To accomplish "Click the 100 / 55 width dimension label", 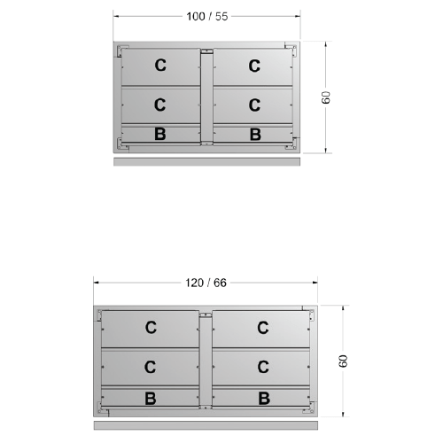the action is click(x=207, y=17).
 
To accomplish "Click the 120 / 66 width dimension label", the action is click(x=206, y=283).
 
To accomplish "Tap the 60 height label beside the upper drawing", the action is click(x=325, y=97).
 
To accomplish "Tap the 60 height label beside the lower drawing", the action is click(x=343, y=361).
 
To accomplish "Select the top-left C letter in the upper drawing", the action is click(x=160, y=66).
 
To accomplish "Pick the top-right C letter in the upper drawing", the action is click(x=254, y=66).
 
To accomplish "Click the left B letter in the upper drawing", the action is click(x=160, y=134).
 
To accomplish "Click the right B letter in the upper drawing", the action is click(x=255, y=135).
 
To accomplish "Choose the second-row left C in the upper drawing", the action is click(x=159, y=105).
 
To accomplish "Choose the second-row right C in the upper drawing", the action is click(x=254, y=105).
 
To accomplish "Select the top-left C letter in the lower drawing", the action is click(x=151, y=328).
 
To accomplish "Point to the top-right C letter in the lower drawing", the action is click(x=263, y=328).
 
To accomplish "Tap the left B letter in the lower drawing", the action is click(x=151, y=399).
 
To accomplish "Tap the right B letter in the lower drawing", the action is click(x=264, y=398).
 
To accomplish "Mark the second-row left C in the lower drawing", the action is click(x=150, y=367).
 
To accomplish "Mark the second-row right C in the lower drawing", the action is click(x=263, y=367).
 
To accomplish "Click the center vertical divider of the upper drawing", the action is click(x=206, y=97).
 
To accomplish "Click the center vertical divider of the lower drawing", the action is click(x=206, y=361).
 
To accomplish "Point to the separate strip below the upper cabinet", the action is click(x=206, y=161).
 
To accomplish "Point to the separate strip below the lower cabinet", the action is click(x=206, y=425).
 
